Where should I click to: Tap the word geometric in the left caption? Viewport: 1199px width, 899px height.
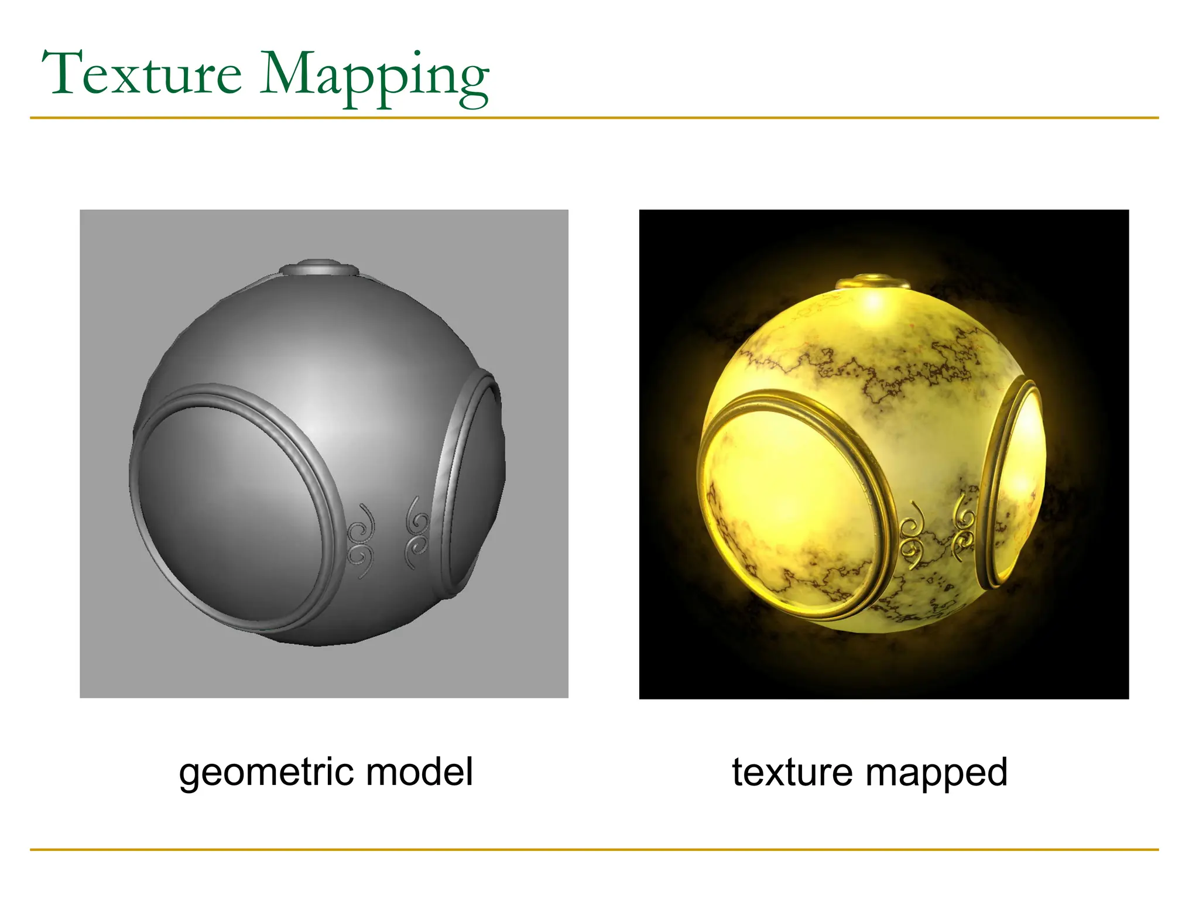pyautogui.click(x=266, y=773)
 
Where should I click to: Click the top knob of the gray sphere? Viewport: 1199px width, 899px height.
pyautogui.click(x=319, y=268)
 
